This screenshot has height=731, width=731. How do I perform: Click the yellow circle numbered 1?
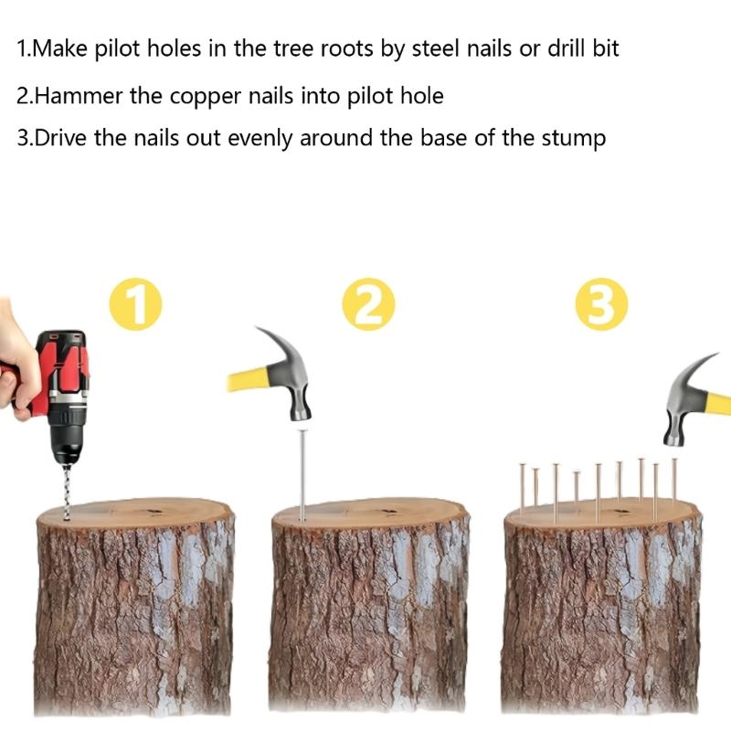point(135,304)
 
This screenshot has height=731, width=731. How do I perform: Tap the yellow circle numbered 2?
point(368,304)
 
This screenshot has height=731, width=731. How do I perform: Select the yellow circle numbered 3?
point(601,304)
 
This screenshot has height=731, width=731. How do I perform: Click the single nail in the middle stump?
point(303,475)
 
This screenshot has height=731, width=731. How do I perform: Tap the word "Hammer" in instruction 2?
point(79,96)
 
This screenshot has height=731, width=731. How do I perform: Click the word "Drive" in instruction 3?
point(60,138)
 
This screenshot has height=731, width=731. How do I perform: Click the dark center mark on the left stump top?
point(154,512)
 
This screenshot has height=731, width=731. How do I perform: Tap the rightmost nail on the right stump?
point(674,482)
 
